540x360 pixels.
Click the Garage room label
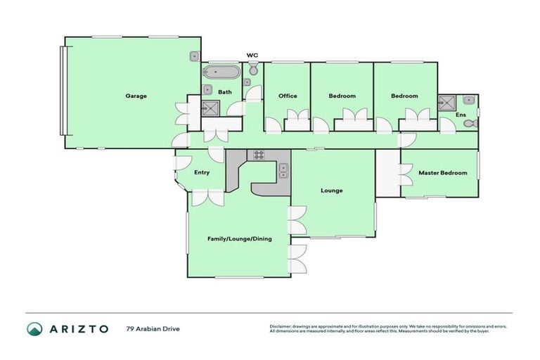136,96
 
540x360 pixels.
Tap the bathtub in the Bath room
221,72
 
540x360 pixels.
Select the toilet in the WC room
253,70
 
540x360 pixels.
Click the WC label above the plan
252,55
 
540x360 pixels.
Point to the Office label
287,96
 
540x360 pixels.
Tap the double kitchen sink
283,169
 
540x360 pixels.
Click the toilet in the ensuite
473,124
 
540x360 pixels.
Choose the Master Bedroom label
442,172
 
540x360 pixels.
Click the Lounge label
331,190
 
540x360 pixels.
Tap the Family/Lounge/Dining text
239,238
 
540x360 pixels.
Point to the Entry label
202,172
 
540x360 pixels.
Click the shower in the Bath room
210,108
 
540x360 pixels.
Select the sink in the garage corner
193,56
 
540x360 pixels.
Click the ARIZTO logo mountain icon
34,329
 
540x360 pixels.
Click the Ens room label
461,114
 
